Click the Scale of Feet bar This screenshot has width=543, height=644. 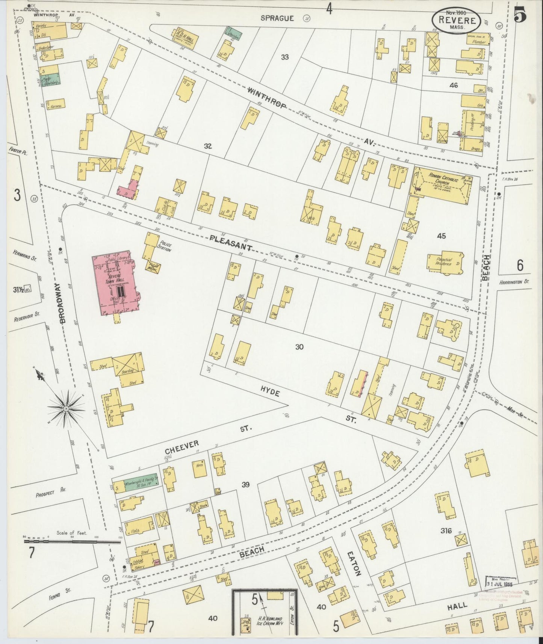pyautogui.click(x=71, y=542)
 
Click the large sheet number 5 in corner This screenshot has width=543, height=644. pyautogui.click(x=520, y=14)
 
